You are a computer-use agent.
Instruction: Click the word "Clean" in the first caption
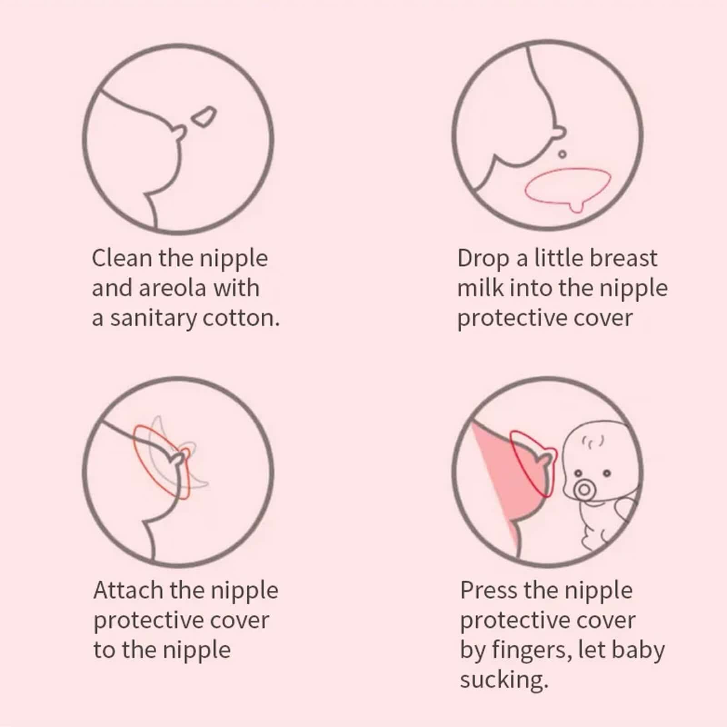pos(121,258)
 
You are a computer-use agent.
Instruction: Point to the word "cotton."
pos(241,319)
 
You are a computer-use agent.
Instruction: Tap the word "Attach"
pos(128,590)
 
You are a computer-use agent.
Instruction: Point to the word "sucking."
pos(504,680)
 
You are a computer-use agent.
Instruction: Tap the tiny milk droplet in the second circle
pos(562,154)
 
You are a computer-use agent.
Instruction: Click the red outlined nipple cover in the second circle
pos(568,188)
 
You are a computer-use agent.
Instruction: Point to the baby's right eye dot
pos(606,474)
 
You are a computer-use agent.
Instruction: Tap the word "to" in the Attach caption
pos(104,650)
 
